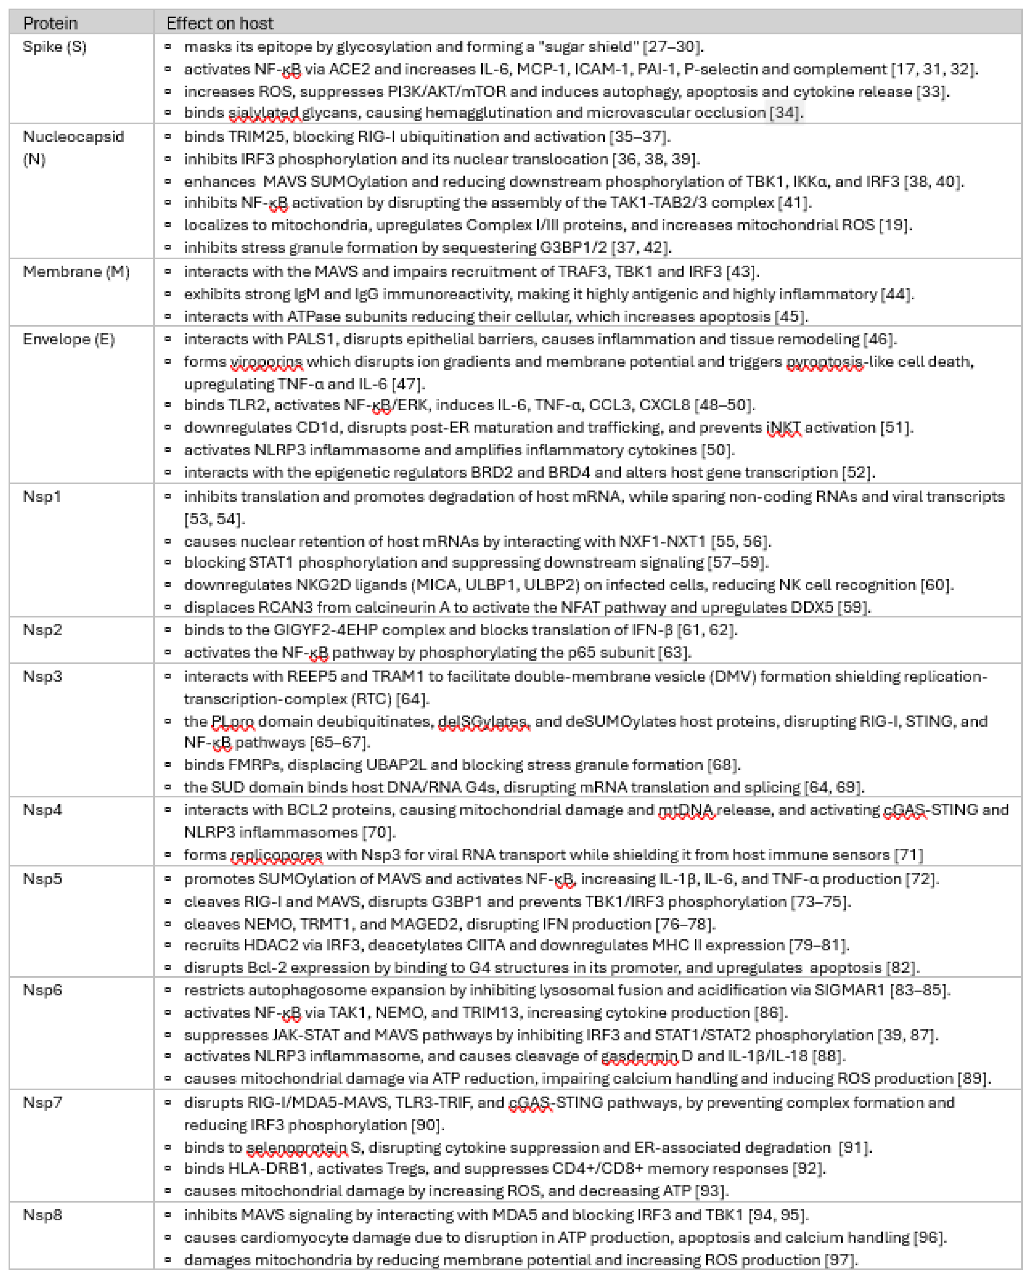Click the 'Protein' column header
[50, 23]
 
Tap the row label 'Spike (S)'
[54, 47]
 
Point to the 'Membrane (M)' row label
[76, 272]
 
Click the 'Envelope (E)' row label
[68, 339]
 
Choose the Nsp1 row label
[41, 496]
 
